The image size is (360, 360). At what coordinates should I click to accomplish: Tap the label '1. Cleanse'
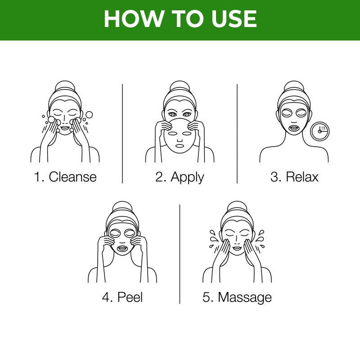[x=66, y=176]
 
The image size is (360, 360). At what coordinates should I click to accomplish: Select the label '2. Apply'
[x=180, y=176]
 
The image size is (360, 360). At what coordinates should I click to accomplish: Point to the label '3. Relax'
[x=294, y=176]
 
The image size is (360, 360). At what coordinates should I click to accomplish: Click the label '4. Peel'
[x=122, y=297]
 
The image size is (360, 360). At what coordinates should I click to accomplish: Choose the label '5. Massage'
[x=237, y=297]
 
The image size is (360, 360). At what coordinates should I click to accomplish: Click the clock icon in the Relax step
[x=320, y=131]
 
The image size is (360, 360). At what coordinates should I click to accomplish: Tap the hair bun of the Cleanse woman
[x=65, y=87]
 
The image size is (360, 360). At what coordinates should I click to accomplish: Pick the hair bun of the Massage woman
[x=237, y=207]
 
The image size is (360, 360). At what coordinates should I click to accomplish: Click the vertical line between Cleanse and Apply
[x=122, y=133]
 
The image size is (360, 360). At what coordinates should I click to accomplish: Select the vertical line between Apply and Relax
[x=237, y=133]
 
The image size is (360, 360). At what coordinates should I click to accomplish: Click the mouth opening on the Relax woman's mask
[x=294, y=127]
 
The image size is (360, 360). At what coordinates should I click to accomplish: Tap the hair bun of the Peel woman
[x=122, y=207]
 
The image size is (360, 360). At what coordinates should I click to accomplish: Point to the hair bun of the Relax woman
[x=294, y=87]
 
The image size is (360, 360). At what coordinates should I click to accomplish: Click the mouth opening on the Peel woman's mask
[x=122, y=247]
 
